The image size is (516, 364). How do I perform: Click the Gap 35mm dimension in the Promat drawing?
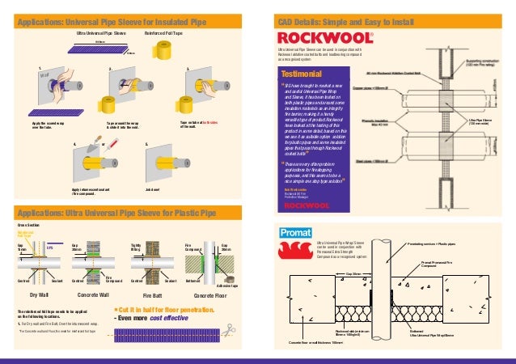click(353, 274)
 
